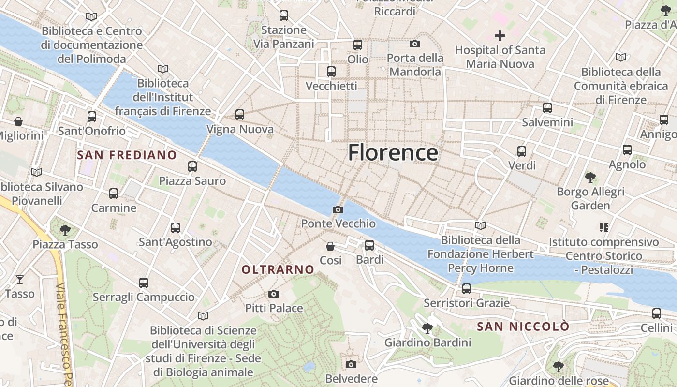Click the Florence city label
tap(393, 152)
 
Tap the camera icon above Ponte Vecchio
tap(338, 209)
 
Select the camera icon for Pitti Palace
tap(274, 294)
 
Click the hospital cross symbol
tap(500, 35)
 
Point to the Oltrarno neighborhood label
tap(278, 269)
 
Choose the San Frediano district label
tap(127, 155)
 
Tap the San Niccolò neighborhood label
tap(523, 327)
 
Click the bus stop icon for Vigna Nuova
tap(240, 115)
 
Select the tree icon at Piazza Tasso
tap(65, 230)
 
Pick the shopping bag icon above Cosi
tap(330, 246)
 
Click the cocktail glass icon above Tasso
tap(20, 279)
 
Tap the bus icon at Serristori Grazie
tap(467, 289)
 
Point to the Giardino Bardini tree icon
tap(427, 328)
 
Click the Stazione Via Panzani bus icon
tap(284, 15)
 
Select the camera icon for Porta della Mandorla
tap(415, 44)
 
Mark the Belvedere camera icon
tap(352, 364)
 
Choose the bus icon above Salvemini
tap(547, 108)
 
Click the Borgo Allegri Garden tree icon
tap(590, 177)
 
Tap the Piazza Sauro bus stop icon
tap(192, 166)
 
